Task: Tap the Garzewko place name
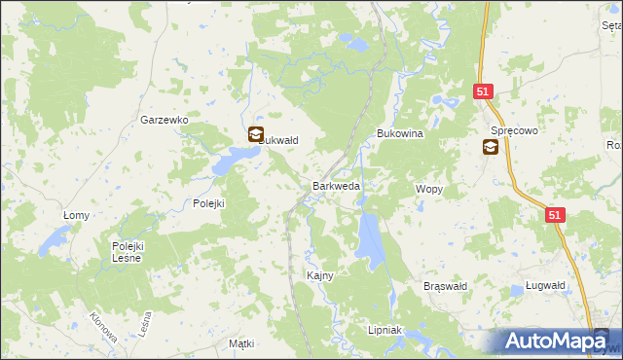tap(164, 120)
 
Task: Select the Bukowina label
tap(400, 134)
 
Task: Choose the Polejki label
tap(208, 203)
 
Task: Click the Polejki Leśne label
tap(127, 252)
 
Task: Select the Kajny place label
tap(320, 275)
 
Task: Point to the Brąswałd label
tap(447, 286)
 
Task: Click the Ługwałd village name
tap(537, 285)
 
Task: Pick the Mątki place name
tap(240, 343)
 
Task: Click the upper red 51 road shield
tap(485, 91)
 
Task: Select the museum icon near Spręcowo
tap(491, 147)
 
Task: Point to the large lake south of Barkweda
tap(369, 238)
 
